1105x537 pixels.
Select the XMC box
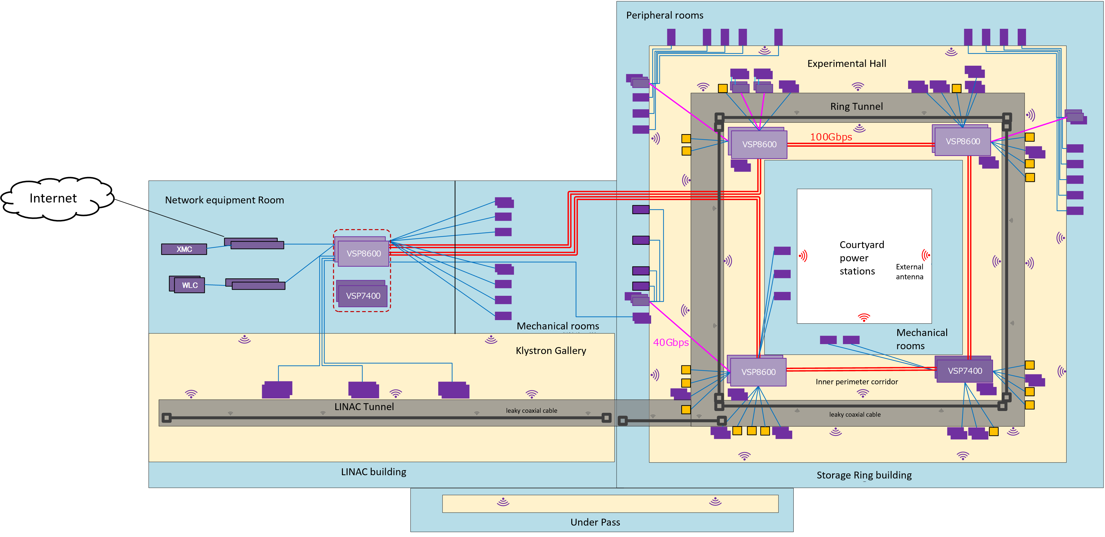184,249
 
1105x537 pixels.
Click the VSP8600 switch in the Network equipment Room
363,253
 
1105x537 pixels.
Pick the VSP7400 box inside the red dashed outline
363,296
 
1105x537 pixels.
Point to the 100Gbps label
831,137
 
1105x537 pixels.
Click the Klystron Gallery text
551,351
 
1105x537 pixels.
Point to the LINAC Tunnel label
364,407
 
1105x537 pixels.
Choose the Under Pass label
595,522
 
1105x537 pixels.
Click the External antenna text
909,272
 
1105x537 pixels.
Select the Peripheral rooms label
664,15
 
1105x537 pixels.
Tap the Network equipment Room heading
224,200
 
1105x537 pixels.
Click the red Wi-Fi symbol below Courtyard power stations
863,318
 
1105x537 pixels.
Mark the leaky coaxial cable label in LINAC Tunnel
531,411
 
